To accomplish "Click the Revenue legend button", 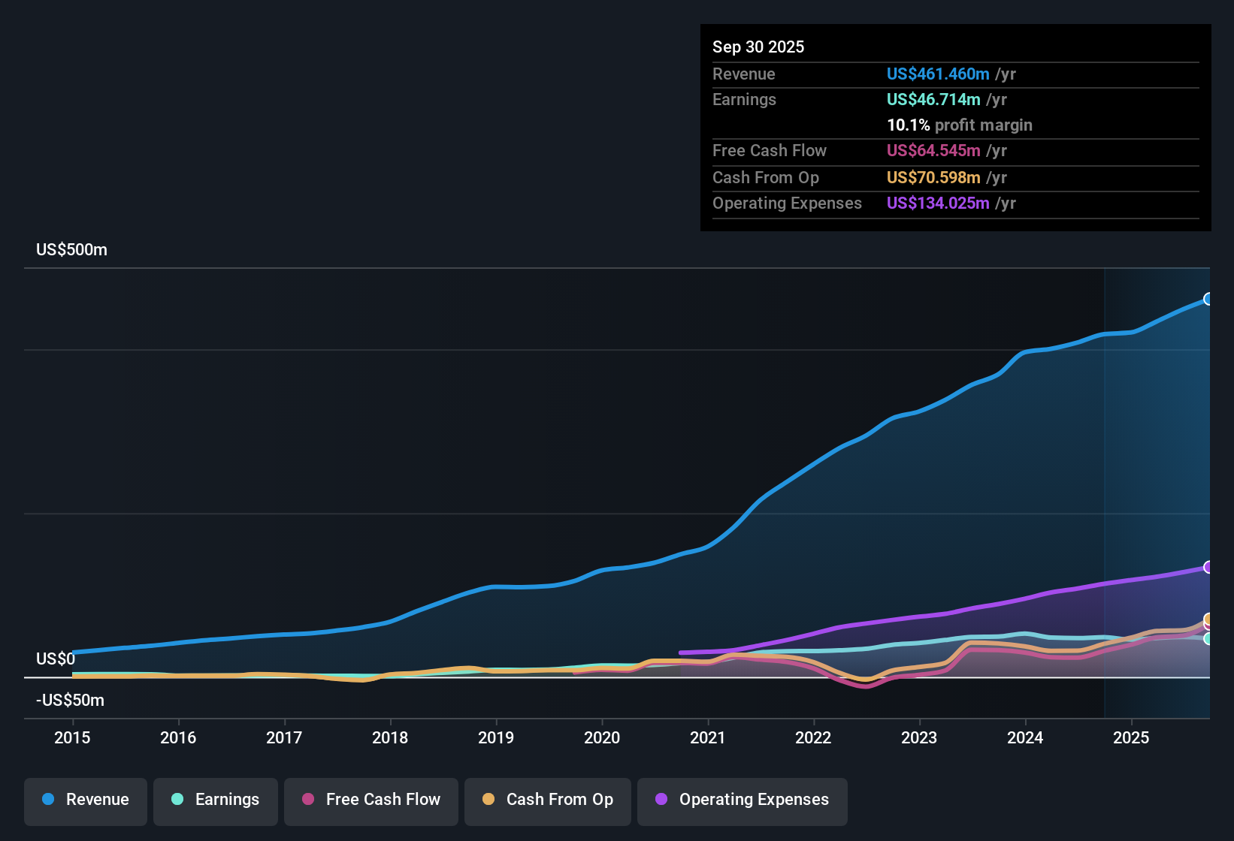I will pyautogui.click(x=86, y=800).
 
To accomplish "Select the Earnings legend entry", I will pyautogui.click(x=216, y=800).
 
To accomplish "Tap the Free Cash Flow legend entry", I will pyautogui.click(x=371, y=800).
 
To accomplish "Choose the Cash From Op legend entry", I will pyautogui.click(x=548, y=800).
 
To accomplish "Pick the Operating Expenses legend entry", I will pyautogui.click(x=743, y=800).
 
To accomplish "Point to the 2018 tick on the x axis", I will pyautogui.click(x=390, y=737).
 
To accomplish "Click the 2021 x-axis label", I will pyautogui.click(x=708, y=737).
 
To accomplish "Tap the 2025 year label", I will pyautogui.click(x=1131, y=737).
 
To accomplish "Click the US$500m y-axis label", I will pyautogui.click(x=71, y=250).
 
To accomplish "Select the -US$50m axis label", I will pyautogui.click(x=70, y=701).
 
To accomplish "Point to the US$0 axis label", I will pyautogui.click(x=56, y=659).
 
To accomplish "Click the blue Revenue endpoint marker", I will pyautogui.click(x=1208, y=299).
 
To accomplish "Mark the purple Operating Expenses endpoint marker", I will pyautogui.click(x=1208, y=567).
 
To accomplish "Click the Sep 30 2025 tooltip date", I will pyautogui.click(x=758, y=47).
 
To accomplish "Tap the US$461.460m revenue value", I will pyautogui.click(x=938, y=74).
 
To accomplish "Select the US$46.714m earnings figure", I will pyautogui.click(x=933, y=100).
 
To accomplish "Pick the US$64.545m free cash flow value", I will pyautogui.click(x=933, y=151).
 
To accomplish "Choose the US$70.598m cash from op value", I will pyautogui.click(x=933, y=178).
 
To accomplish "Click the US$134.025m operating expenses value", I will pyautogui.click(x=938, y=203).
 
